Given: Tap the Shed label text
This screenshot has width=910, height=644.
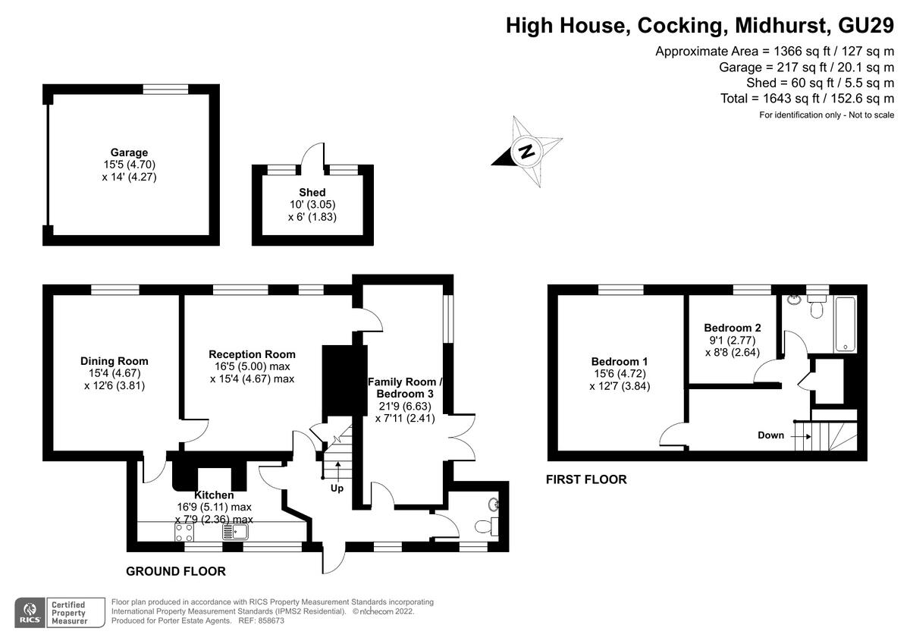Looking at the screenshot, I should [312, 192].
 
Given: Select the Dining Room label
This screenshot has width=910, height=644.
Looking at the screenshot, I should [115, 361].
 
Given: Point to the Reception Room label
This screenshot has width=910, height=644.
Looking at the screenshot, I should [252, 354].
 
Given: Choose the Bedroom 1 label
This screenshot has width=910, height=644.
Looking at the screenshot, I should [620, 361].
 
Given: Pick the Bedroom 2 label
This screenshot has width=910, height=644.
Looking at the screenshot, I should [732, 328].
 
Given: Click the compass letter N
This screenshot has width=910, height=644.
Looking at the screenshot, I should [525, 150].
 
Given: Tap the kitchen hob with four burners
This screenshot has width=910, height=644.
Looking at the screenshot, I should [184, 532].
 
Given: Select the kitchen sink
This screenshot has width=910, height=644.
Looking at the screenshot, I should [230, 532].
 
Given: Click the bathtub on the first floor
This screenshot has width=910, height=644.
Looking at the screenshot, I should [846, 325].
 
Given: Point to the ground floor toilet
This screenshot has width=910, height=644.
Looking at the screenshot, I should [485, 526].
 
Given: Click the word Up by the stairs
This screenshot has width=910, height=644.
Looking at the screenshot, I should [337, 488].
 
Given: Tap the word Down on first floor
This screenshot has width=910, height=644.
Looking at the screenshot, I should [770, 435].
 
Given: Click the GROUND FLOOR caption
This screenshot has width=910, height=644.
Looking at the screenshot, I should [175, 571].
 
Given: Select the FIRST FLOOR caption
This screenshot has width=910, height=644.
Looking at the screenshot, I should [586, 479].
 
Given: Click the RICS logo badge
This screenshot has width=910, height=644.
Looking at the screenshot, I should [31, 611].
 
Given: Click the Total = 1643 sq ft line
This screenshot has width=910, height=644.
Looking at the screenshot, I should [807, 99].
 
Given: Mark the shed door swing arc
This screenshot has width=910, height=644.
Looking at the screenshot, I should [312, 154].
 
